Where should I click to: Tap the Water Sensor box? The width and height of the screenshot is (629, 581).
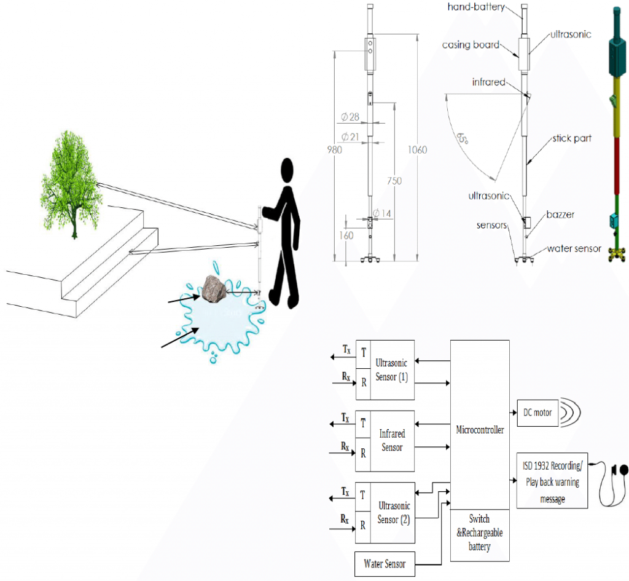click(385, 563)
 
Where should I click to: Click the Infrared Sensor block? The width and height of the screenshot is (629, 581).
click(392, 441)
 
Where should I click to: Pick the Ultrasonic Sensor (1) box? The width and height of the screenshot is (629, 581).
click(392, 370)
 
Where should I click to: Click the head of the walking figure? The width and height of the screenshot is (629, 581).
click(288, 172)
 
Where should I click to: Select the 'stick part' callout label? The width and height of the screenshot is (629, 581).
click(571, 138)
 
